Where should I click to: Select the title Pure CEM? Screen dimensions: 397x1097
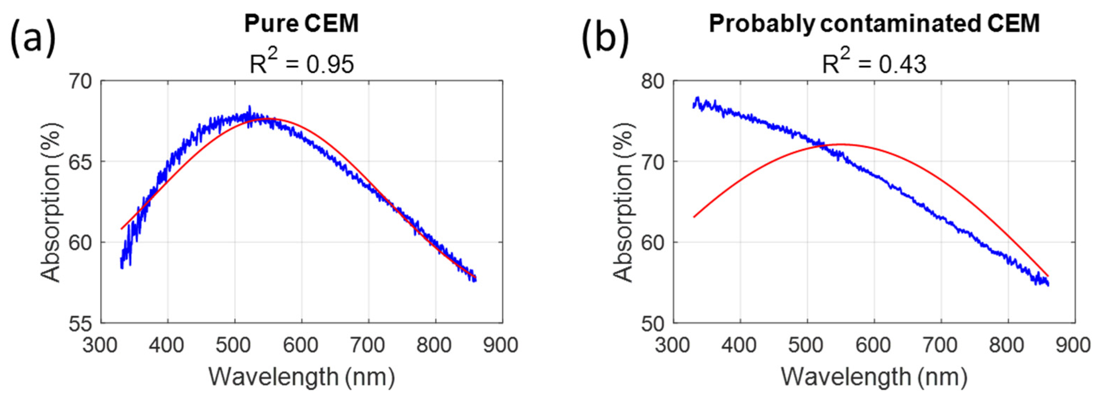click(x=301, y=23)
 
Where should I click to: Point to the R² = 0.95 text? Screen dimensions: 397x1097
click(x=301, y=64)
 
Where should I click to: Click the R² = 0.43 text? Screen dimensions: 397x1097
click(x=874, y=64)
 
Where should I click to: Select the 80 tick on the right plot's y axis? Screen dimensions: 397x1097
click(x=652, y=81)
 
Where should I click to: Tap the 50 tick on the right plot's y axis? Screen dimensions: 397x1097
click(x=652, y=323)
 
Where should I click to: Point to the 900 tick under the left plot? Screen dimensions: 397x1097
click(x=501, y=345)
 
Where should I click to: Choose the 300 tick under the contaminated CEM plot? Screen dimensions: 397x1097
click(x=673, y=345)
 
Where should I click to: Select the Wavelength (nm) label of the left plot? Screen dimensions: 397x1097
click(x=301, y=377)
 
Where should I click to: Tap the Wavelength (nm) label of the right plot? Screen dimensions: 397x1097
click(x=874, y=377)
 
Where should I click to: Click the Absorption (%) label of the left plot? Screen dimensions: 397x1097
click(x=51, y=202)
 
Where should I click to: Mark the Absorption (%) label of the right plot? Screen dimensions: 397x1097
click(x=624, y=202)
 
